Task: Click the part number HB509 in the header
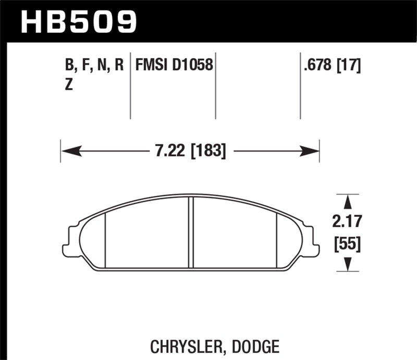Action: pyautogui.click(x=78, y=21)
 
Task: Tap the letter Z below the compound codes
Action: pyautogui.click(x=68, y=86)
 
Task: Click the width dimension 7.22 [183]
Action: pyautogui.click(x=190, y=152)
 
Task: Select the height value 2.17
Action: pyautogui.click(x=347, y=222)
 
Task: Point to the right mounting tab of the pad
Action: pyautogui.click(x=313, y=242)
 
